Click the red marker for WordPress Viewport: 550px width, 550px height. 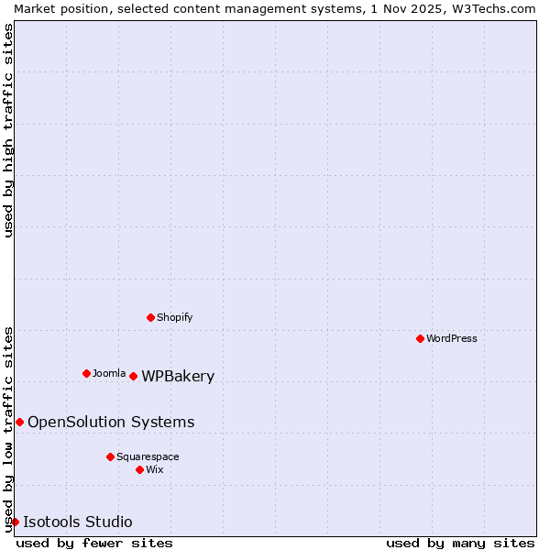420,338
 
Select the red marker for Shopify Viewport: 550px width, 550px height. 150,317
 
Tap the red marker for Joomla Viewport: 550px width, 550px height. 86,373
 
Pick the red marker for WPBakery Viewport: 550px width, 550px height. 133,376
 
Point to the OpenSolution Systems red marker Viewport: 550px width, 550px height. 19,422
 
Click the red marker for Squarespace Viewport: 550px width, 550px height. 110,456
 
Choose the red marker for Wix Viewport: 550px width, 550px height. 139,469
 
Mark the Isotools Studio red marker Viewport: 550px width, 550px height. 15,522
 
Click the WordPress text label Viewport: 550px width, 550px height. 452,338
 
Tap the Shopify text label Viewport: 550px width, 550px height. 174,317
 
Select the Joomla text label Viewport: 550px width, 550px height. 109,373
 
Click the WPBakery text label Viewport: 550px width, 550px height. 178,376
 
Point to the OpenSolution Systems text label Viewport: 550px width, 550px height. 111,422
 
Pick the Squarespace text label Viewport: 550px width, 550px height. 148,456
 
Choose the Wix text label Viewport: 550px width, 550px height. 154,469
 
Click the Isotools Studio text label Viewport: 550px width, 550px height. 77,522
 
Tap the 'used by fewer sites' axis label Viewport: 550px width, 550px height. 94,543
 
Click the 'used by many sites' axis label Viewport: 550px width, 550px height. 460,543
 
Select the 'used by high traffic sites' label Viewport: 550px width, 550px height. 8,130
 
